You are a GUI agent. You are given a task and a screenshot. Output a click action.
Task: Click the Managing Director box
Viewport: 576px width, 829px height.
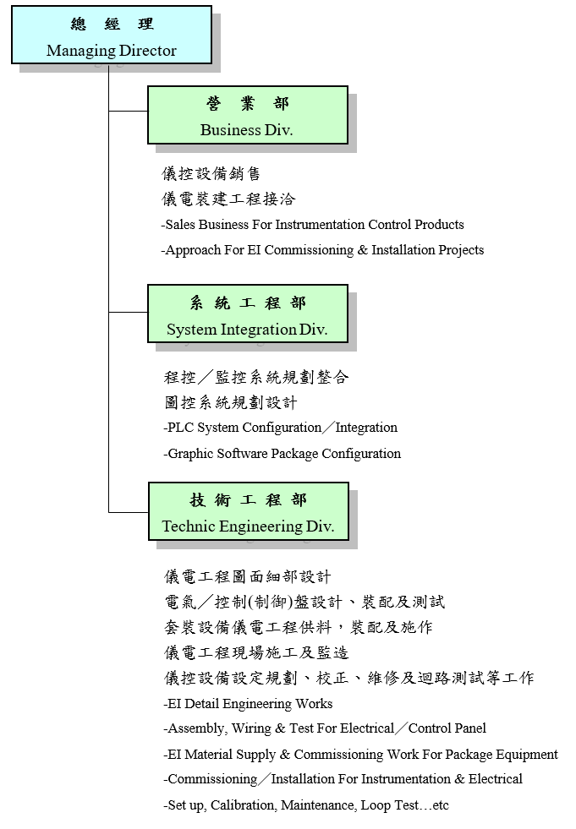tap(111, 35)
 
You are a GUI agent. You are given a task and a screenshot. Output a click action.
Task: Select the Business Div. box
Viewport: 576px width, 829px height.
tap(247, 115)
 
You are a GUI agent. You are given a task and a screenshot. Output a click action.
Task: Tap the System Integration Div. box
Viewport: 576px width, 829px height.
tap(247, 314)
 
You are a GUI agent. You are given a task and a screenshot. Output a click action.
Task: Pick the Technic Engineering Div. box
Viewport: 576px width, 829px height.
tap(248, 511)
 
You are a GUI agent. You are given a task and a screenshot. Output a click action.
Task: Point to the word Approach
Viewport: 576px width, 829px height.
tap(194, 250)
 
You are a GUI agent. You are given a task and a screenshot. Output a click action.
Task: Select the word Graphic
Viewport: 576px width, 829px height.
tap(190, 454)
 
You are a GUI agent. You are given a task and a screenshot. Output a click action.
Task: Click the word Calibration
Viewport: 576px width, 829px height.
tap(243, 805)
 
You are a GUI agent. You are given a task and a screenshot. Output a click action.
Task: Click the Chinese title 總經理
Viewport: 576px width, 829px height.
tap(112, 25)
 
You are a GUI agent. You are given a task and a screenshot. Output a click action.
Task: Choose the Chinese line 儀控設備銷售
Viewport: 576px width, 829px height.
tap(211, 174)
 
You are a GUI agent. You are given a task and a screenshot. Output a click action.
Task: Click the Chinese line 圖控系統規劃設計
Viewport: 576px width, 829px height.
tap(230, 402)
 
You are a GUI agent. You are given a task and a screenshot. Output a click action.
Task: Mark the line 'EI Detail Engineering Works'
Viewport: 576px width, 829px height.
tap(248, 704)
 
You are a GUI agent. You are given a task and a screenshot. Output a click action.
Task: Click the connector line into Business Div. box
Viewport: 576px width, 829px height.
tap(128, 111)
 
